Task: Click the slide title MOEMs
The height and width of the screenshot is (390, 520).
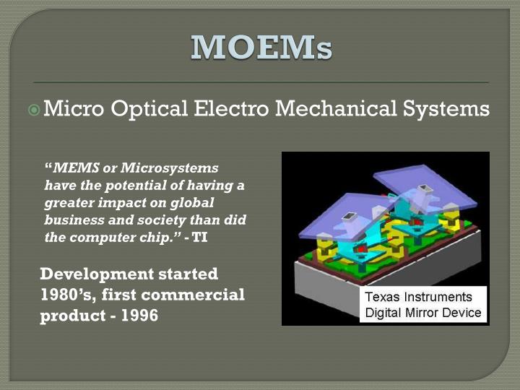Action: click(x=261, y=48)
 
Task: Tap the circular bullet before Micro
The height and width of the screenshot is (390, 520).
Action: click(x=33, y=110)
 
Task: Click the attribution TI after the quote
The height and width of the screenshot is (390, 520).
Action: click(x=200, y=238)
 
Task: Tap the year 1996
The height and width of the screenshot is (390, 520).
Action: click(x=139, y=316)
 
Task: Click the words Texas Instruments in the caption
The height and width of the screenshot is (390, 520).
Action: click(x=418, y=298)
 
